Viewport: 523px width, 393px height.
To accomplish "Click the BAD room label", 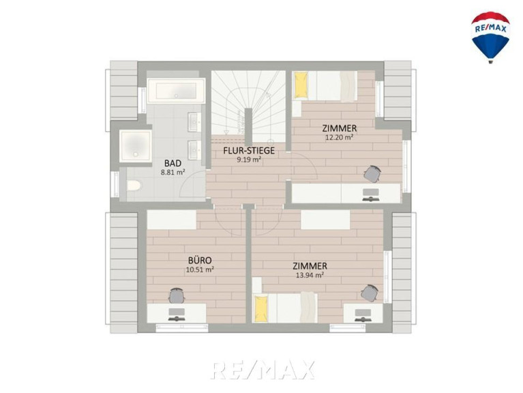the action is (x=173, y=163).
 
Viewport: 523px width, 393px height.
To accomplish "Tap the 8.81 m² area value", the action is (x=173, y=173).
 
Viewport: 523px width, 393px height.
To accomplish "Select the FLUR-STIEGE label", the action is (x=249, y=151).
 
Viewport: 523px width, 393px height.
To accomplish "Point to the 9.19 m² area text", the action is (x=248, y=160).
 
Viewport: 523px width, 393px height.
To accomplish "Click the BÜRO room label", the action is (x=200, y=260).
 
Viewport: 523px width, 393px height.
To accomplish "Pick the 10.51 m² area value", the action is (x=200, y=270).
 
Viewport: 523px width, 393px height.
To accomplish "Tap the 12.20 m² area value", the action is (x=339, y=137).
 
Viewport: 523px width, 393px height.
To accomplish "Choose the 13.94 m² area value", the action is (x=310, y=275).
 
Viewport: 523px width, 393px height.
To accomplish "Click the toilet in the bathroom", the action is (x=134, y=185).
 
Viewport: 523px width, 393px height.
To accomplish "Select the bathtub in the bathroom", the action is (x=176, y=91).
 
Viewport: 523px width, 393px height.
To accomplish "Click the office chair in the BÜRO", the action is (x=177, y=295).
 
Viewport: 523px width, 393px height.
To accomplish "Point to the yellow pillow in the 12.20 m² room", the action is (x=300, y=86).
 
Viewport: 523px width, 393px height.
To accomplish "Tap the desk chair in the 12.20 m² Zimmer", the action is (x=372, y=173).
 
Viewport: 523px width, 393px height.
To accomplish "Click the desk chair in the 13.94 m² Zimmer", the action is (x=369, y=293).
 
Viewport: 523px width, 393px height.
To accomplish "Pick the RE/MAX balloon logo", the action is (x=490, y=37).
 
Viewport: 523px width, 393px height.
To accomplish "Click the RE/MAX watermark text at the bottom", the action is (x=263, y=369).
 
